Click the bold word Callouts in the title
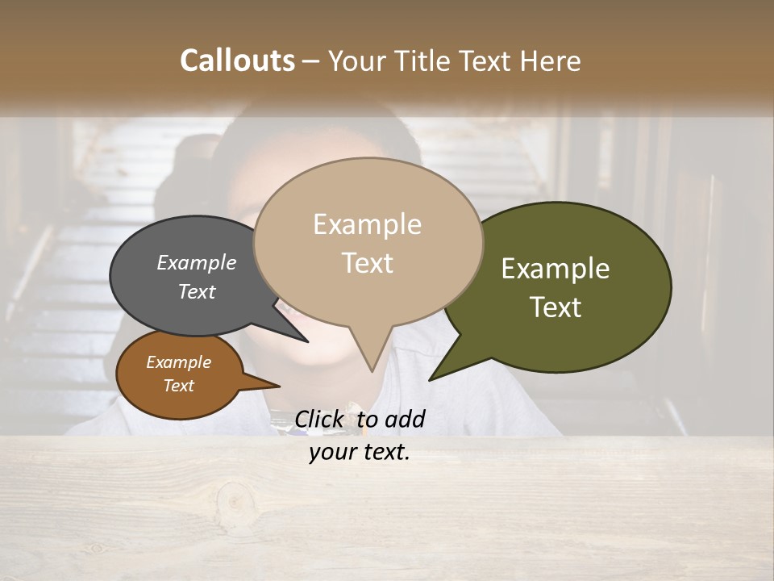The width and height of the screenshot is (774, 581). click(x=237, y=61)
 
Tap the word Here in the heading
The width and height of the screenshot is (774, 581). click(x=550, y=61)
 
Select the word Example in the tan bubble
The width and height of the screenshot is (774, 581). click(x=367, y=224)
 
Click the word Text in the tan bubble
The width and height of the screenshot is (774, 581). click(x=367, y=263)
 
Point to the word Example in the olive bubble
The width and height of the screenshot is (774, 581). click(x=555, y=269)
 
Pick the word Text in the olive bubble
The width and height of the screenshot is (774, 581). click(x=556, y=307)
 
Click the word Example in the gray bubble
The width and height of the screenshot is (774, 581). click(x=196, y=262)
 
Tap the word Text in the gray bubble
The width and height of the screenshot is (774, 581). click(x=196, y=291)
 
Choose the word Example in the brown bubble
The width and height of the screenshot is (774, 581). click(x=178, y=362)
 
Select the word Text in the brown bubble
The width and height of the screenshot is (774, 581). click(x=178, y=386)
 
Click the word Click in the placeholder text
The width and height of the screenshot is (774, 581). click(x=320, y=419)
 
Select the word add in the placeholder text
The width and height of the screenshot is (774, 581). click(x=404, y=419)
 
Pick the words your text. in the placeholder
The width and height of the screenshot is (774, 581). click(x=359, y=452)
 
